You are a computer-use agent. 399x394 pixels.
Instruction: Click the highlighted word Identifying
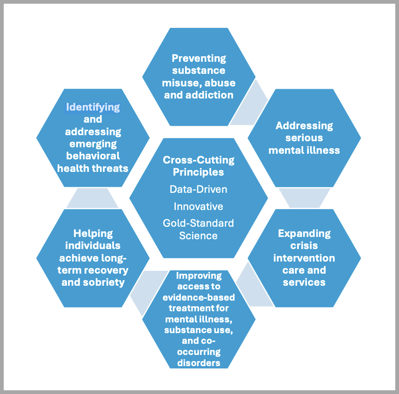click(x=93, y=107)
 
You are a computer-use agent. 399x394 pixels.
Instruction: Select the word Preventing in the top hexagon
click(x=199, y=58)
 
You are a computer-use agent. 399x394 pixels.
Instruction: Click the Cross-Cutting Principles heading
click(x=199, y=166)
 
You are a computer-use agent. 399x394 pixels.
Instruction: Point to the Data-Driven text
click(x=199, y=189)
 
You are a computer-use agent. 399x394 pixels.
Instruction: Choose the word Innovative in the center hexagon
click(x=199, y=206)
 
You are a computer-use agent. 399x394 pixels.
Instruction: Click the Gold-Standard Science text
click(x=199, y=229)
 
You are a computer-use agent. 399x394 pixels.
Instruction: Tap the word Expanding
click(x=304, y=233)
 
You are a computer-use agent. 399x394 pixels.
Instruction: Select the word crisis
click(x=304, y=245)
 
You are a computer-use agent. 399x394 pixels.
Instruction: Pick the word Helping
click(x=93, y=233)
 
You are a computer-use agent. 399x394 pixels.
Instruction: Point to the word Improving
click(x=199, y=276)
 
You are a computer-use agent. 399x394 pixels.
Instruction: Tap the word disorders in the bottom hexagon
click(x=199, y=363)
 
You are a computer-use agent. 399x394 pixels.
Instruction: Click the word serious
click(x=304, y=138)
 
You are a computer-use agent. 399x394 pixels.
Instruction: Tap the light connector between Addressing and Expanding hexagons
click(x=304, y=197)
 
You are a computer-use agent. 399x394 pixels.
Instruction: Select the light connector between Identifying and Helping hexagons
click(x=93, y=198)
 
